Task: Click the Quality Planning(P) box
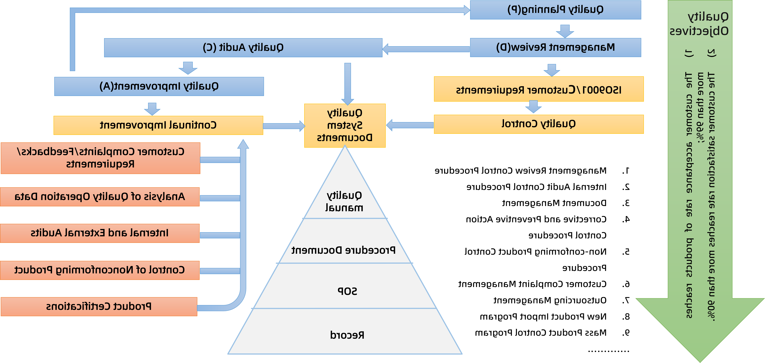click(555, 10)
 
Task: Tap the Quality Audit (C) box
click(243, 48)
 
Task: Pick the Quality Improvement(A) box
click(159, 86)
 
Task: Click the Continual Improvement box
click(158, 125)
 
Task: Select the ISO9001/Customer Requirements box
click(538, 89)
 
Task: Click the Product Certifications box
click(99, 306)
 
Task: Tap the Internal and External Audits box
click(99, 233)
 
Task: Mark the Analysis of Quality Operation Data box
click(99, 196)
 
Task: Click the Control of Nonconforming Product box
click(99, 270)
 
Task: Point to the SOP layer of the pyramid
click(347, 291)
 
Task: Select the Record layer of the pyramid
click(347, 335)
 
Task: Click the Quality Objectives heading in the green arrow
click(699, 24)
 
